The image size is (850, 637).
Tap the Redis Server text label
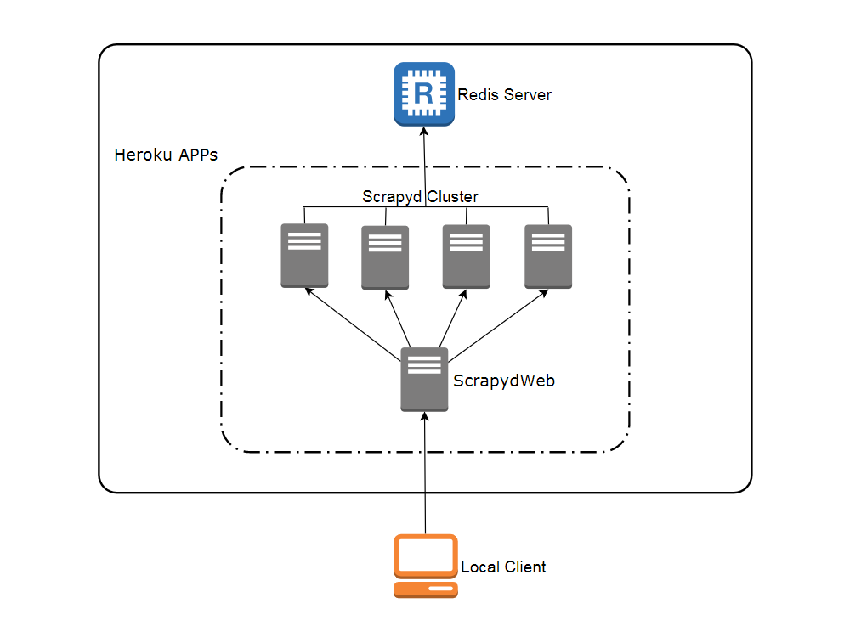504,95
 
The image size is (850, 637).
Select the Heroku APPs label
166,155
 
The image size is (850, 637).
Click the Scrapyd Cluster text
420,197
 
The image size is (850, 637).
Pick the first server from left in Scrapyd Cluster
304,255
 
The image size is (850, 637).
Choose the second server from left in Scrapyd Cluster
385,257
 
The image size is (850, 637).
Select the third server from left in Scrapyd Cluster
466,256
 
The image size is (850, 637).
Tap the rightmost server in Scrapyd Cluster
548,256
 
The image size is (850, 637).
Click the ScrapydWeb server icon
424,380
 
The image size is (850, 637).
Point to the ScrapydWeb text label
504,381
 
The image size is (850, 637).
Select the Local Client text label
503,567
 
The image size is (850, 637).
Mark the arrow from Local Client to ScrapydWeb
425,476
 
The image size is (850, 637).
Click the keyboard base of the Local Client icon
425,589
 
